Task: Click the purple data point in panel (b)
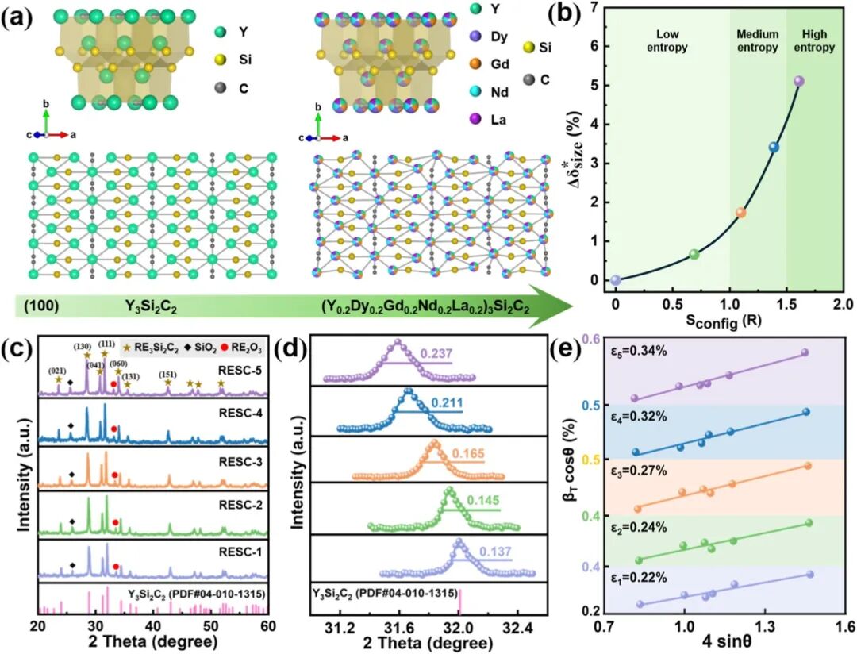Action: tap(798, 81)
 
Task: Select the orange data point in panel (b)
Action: tap(740, 213)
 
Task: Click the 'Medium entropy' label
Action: tap(758, 41)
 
